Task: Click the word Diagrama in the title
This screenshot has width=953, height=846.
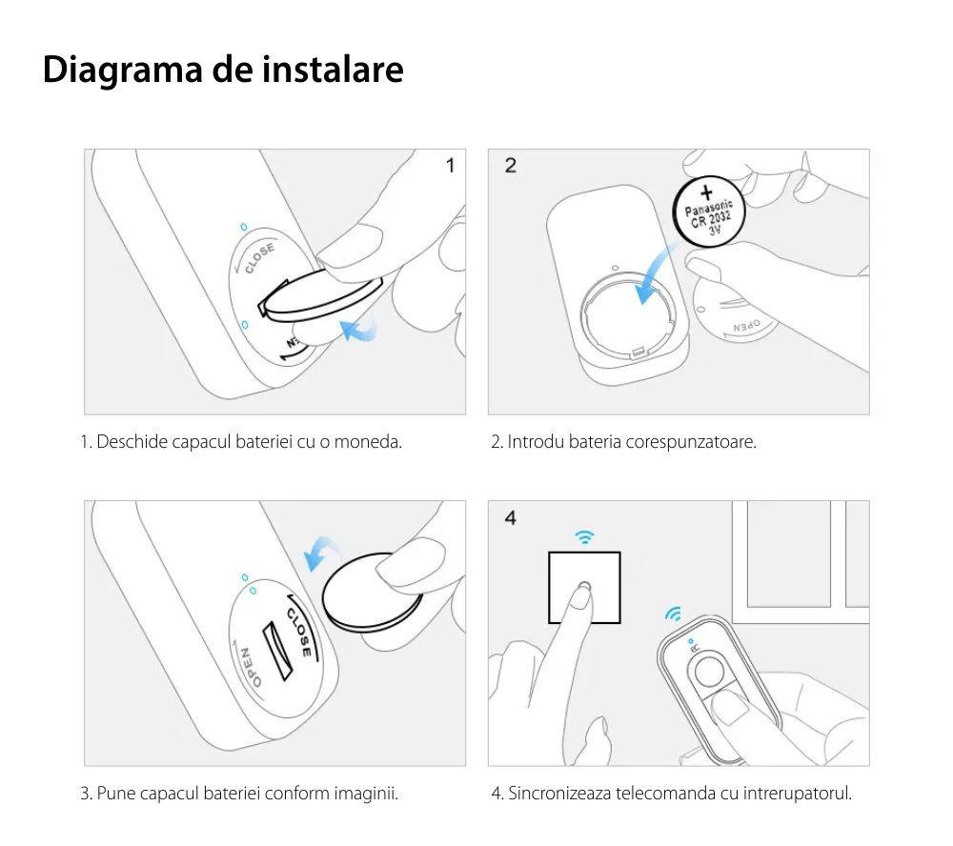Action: pos(122,70)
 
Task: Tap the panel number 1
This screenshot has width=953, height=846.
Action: pos(451,166)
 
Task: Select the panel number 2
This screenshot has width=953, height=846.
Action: pos(511,166)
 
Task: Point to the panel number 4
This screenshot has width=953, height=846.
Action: pos(511,518)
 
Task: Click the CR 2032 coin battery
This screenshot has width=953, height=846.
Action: pos(709,211)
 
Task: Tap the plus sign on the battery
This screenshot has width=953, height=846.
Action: pos(706,192)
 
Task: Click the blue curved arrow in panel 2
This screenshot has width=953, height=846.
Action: pos(656,274)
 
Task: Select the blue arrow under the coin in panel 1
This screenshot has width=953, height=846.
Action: pos(358,332)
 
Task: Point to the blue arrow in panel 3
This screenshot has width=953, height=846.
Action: pos(321,552)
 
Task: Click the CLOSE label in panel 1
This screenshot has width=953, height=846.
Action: pos(259,258)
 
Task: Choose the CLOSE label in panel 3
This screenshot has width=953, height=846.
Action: pos(299,632)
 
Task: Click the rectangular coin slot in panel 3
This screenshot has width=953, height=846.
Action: pos(277,651)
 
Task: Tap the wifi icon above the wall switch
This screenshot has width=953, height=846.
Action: pos(585,536)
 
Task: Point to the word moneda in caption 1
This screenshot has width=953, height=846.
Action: pos(368,442)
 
